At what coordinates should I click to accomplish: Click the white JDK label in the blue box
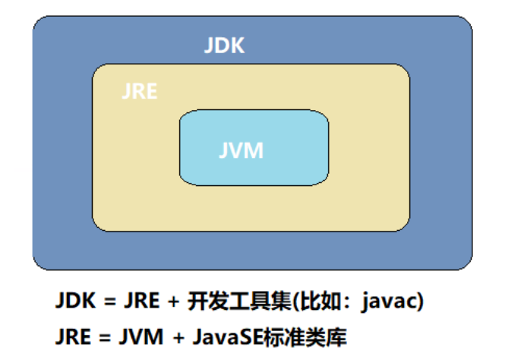point(224,45)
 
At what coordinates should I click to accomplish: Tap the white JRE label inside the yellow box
point(139,92)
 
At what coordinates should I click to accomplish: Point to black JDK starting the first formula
point(75,302)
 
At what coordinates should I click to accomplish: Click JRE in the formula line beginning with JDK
point(140,302)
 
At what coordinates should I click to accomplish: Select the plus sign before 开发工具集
point(173,302)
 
